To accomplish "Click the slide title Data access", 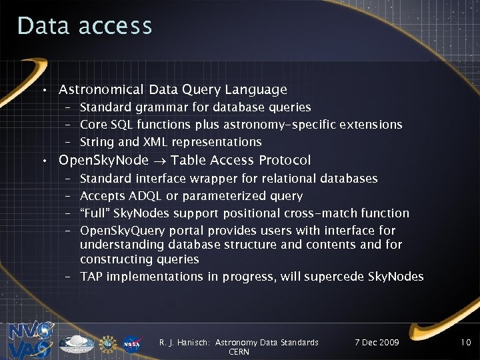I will point(85,25).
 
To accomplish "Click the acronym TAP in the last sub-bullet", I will point(92,277).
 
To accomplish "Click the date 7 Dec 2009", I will point(377,343).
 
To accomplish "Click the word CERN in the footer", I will point(239,352).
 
